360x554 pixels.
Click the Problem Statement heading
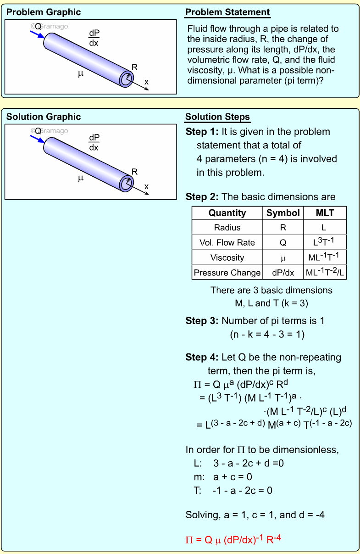pos(227,12)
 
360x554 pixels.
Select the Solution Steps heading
pos(217,117)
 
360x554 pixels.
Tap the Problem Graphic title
pos(44,12)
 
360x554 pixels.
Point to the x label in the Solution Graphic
pos(147,186)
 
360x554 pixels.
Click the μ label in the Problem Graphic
pos(81,73)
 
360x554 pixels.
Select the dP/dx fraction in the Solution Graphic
pos(94,143)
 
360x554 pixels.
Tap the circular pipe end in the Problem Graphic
pos(126,79)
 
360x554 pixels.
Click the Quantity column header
pos(227,213)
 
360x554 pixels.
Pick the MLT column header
pos(325,213)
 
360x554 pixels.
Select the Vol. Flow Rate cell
pos(227,242)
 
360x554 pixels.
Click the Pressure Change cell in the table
pos(227,273)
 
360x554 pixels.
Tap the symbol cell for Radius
pos(283,228)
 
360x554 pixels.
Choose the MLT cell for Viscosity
pos(325,257)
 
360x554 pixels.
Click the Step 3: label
pos(202,320)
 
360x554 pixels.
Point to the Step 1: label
pos(202,132)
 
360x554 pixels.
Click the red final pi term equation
pos(233,540)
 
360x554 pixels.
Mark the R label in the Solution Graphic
pos(134,172)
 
